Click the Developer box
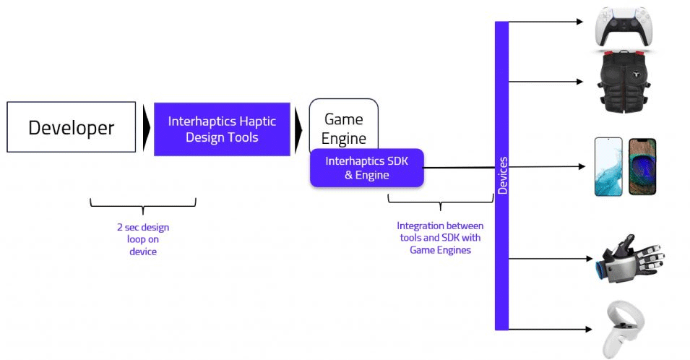[71, 127]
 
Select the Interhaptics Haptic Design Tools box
[222, 129]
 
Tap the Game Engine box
[344, 124]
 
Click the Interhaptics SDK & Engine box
[366, 168]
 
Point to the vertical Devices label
[502, 175]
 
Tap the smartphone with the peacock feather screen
[643, 166]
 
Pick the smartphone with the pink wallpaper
[608, 166]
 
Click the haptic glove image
[628, 258]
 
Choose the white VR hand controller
[620, 329]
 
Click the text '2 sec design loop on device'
[142, 239]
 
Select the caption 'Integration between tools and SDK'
[439, 238]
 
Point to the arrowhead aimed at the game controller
[579, 22]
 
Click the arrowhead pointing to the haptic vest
[579, 82]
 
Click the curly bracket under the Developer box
[142, 206]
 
